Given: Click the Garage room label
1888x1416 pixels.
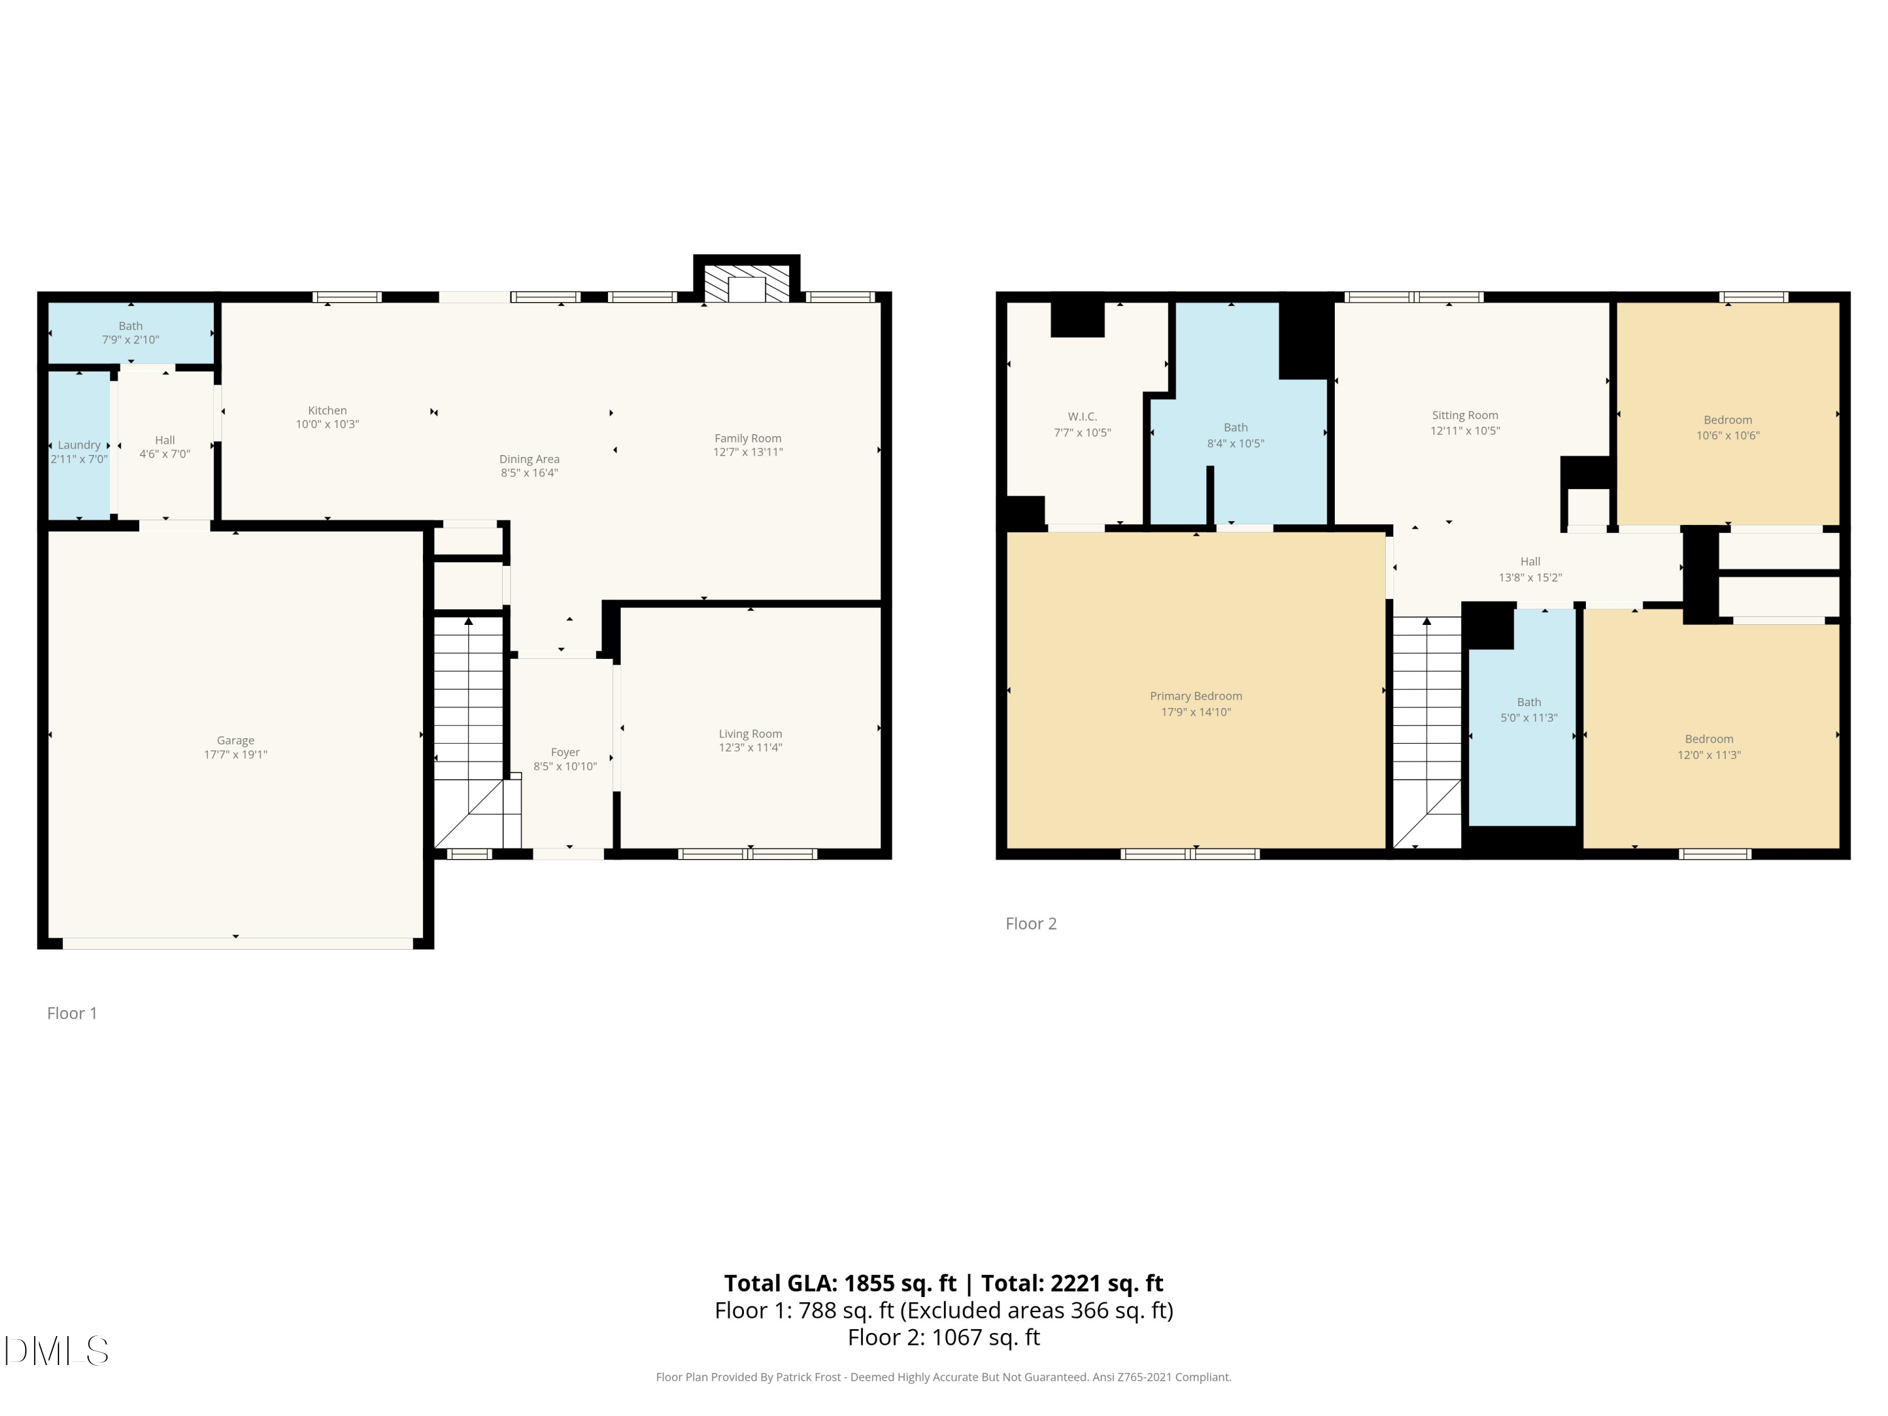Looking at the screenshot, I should (x=235, y=740).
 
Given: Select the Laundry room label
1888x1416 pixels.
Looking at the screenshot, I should (x=79, y=445).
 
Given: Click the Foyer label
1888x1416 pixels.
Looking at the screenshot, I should (x=565, y=752).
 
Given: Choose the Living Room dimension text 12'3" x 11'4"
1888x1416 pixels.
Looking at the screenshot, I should (x=750, y=748).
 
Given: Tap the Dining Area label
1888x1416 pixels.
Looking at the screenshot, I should (x=529, y=459).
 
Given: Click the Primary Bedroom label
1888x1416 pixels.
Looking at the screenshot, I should (x=1195, y=695).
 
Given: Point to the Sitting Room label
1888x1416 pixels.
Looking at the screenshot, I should (x=1464, y=415).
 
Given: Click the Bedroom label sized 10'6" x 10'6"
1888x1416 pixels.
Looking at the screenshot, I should (x=1728, y=420).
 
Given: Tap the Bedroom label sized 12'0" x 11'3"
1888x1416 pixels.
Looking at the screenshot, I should (x=1709, y=739).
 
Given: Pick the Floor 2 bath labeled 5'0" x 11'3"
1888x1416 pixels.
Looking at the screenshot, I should (x=1529, y=702).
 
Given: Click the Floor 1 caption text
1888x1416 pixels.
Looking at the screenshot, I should (x=72, y=1013).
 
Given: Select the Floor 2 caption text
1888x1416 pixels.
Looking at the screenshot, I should (x=1030, y=923).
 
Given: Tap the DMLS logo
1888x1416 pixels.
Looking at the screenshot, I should (x=57, y=1351).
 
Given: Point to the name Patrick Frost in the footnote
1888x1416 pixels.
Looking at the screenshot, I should (x=807, y=1377).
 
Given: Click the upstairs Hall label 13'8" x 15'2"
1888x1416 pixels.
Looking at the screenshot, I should (x=1529, y=561).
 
